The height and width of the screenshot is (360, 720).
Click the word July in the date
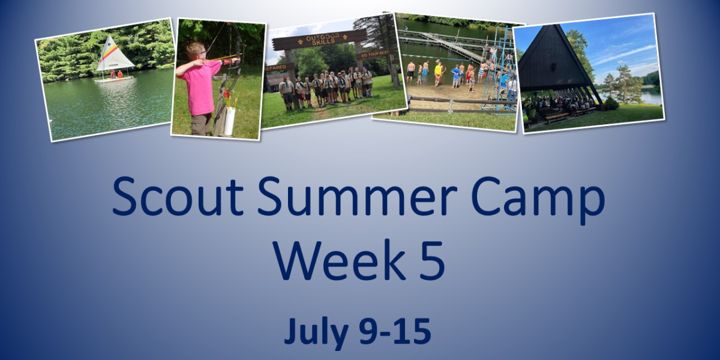tap(316, 332)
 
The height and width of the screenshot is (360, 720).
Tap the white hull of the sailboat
tap(113, 78)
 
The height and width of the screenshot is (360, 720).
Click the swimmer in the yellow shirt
tap(438, 72)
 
